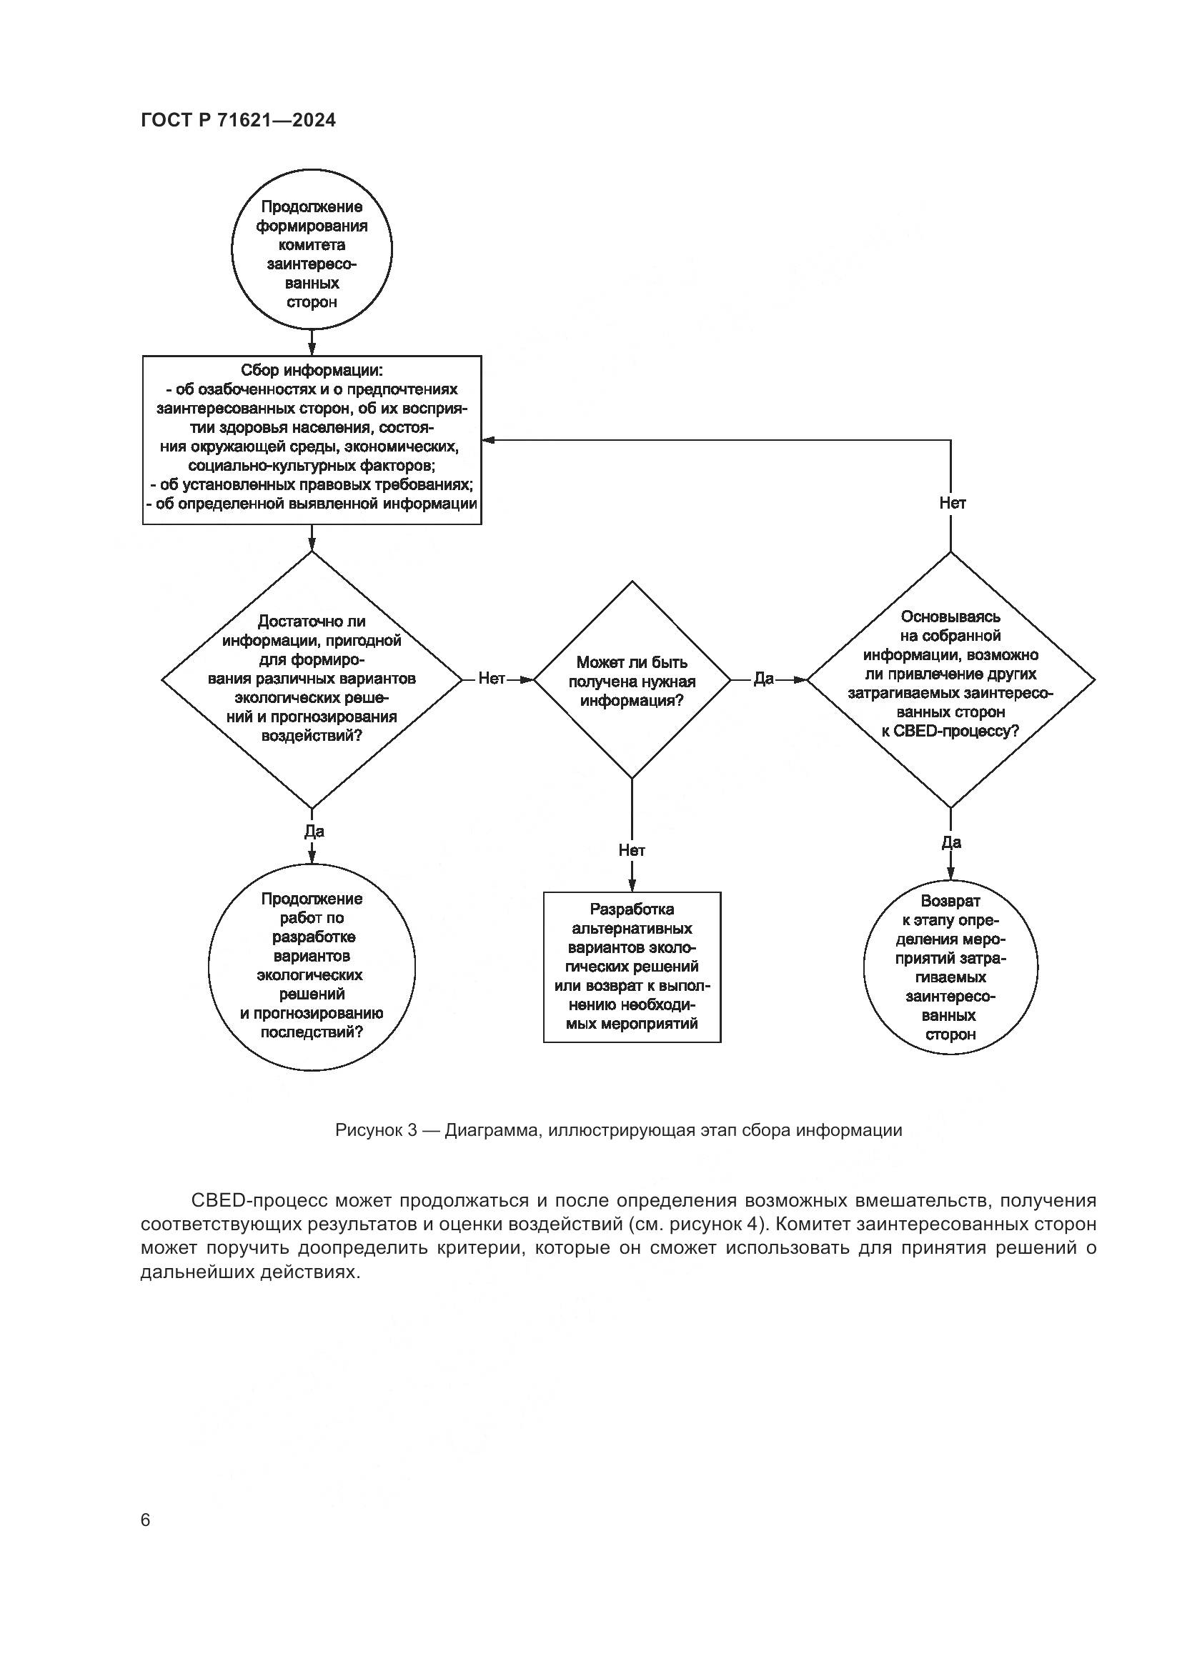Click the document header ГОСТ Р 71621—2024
[238, 121]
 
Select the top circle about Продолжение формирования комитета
[312, 249]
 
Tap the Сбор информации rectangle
[312, 439]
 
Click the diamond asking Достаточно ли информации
[312, 679]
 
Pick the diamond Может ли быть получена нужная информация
[632, 681]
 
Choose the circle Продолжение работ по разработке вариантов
[312, 967]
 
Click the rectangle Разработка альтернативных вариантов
[632, 967]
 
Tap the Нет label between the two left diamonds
[491, 679]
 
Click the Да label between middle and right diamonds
[763, 679]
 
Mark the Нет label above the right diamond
[952, 503]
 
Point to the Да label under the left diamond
[314, 831]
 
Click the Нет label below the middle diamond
[632, 850]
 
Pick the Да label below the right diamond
[951, 842]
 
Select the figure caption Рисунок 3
[618, 1130]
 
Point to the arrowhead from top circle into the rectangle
[312, 349]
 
